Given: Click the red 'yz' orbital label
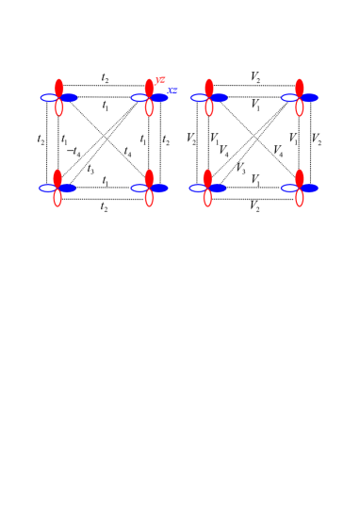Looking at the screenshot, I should (x=160, y=80).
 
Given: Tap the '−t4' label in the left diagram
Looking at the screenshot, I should (x=74, y=152).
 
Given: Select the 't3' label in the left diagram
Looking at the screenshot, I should (x=90, y=170).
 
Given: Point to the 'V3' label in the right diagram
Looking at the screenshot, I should (x=240, y=170).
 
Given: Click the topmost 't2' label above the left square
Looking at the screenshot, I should (x=105, y=77).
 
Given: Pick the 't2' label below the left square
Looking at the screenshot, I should (x=104, y=206).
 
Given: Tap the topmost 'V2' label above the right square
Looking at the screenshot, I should (x=255, y=76).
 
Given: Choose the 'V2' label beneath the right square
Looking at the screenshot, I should (x=254, y=206).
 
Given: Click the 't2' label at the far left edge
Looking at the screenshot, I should (x=41, y=140).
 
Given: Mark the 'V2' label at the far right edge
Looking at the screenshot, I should (x=317, y=140).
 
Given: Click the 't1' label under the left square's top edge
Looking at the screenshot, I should (x=105, y=107).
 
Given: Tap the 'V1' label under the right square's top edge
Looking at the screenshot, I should (x=255, y=106).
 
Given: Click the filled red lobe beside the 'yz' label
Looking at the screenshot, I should (x=149, y=88).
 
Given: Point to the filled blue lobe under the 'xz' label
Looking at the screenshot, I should (x=159, y=97).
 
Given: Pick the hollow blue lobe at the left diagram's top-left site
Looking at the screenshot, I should (x=49, y=97).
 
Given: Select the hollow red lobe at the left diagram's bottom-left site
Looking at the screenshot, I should (x=58, y=198).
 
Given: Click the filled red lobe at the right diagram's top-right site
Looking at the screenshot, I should (x=300, y=88).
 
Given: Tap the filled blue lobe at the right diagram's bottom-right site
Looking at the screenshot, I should (x=309, y=188).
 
